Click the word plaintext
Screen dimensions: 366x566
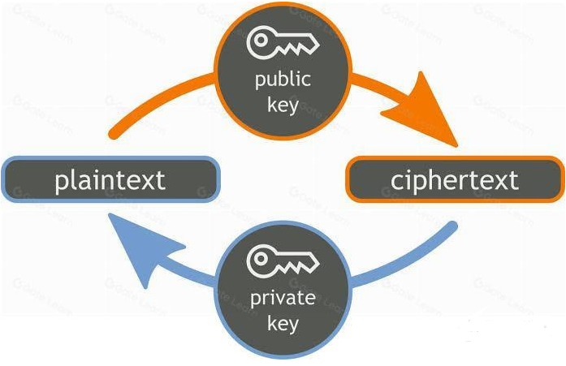click(110, 179)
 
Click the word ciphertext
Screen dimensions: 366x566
click(454, 179)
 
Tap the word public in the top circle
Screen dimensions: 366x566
click(283, 80)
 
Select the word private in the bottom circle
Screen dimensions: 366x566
click(283, 298)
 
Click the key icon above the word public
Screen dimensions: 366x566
click(282, 43)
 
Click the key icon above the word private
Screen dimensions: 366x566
click(282, 261)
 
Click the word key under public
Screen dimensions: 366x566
click(283, 106)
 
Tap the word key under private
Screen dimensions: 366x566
click(283, 324)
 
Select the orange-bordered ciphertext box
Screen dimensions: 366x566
click(454, 179)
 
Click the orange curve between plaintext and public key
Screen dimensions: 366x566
click(154, 101)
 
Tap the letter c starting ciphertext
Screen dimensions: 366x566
click(396, 181)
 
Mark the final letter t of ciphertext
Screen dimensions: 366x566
click(512, 179)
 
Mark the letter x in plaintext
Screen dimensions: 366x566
click(145, 181)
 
